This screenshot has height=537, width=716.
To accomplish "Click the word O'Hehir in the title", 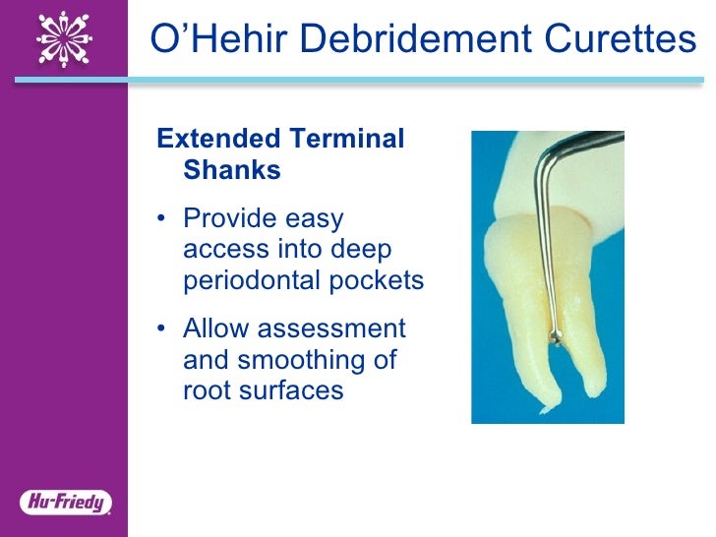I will tap(206, 38).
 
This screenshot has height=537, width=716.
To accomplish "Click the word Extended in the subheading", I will tap(213, 139).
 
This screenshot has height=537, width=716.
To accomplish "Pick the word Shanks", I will tap(232, 170).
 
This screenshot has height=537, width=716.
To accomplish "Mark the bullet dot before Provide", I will tap(162, 219).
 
